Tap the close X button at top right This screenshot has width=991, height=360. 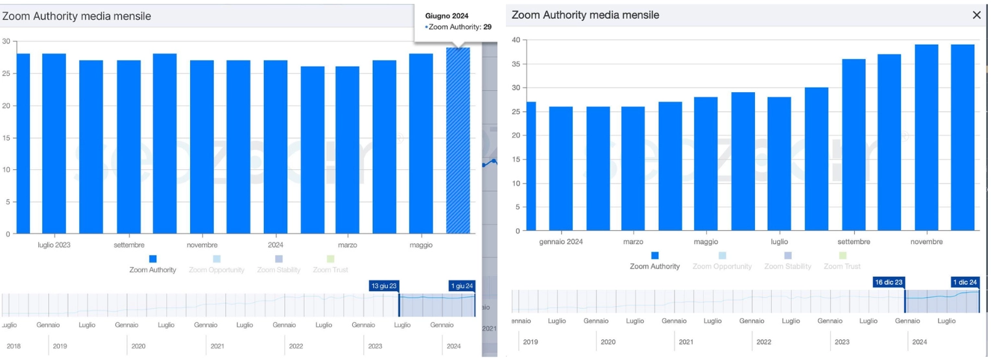click(x=977, y=15)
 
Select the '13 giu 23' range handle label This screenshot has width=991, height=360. click(x=383, y=286)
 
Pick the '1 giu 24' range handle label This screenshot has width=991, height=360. click(x=462, y=286)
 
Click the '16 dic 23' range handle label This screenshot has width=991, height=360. click(x=889, y=282)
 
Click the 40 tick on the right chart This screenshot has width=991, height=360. click(x=516, y=40)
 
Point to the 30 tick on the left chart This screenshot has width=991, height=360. click(x=6, y=42)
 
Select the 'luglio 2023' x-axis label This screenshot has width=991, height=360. click(x=54, y=245)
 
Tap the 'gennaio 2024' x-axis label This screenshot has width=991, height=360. click(x=561, y=242)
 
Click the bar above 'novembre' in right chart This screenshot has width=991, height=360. click(x=926, y=137)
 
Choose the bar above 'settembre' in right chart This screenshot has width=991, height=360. click(x=854, y=145)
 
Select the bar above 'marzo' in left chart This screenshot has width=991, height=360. click(x=348, y=150)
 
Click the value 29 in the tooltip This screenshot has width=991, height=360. click(x=487, y=27)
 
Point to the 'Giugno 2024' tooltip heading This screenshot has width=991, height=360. click(x=447, y=15)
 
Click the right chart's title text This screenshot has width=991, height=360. click(x=585, y=15)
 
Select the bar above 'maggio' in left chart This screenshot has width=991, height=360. click(x=421, y=143)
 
